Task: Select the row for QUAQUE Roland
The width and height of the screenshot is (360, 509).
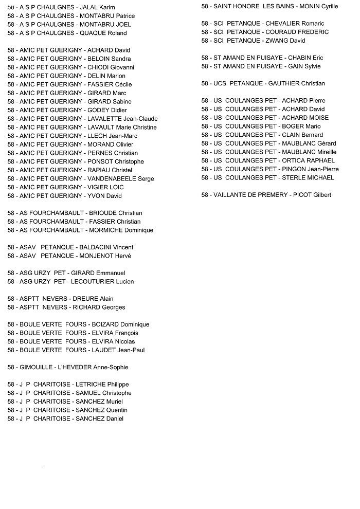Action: pos(67,33)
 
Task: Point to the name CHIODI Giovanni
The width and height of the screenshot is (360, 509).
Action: pos(111,67)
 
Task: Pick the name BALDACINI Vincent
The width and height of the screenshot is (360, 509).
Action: pos(106,247)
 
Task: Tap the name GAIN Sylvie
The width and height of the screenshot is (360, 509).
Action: pos(304,66)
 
